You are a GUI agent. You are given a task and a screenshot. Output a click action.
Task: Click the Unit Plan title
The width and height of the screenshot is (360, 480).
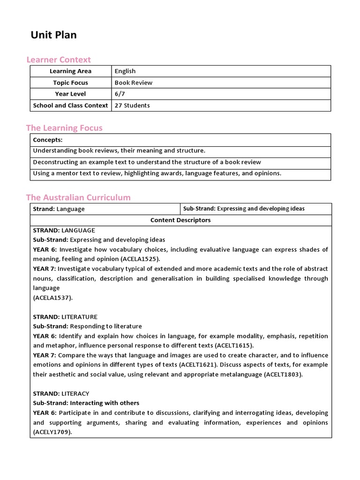tap(54, 35)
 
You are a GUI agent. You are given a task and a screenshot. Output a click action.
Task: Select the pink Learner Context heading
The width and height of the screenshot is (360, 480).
tap(59, 60)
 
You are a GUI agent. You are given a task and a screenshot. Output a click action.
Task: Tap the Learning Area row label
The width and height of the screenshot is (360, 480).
tap(70, 71)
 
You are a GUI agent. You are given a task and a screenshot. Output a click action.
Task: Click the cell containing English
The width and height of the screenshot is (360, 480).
tap(125, 71)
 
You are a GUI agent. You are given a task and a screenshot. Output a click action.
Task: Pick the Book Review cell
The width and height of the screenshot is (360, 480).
tap(134, 82)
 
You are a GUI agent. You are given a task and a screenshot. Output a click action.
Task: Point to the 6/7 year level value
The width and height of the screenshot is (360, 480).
tap(120, 94)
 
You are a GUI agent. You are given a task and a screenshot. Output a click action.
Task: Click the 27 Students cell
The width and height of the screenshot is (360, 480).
tap(132, 105)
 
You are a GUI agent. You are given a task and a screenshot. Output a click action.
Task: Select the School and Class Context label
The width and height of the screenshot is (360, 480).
tap(70, 105)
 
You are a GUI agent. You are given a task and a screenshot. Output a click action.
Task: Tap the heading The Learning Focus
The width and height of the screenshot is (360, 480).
tap(64, 128)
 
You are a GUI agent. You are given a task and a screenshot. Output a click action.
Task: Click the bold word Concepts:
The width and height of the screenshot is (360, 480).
tap(47, 140)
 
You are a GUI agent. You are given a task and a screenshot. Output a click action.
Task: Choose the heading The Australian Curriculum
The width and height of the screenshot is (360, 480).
tap(78, 197)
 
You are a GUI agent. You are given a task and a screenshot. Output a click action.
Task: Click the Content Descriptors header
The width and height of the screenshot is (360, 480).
tap(180, 220)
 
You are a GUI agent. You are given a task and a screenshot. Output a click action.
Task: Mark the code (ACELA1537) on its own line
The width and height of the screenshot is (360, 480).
tap(53, 297)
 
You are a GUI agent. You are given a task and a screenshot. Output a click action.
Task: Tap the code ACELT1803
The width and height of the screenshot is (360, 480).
tap(283, 374)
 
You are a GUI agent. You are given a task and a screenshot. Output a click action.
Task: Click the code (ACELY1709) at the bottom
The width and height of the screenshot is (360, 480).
tap(52, 432)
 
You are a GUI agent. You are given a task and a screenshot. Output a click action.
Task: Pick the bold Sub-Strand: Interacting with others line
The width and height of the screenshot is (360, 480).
tap(86, 403)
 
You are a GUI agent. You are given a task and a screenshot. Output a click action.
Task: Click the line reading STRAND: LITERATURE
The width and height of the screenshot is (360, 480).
tap(65, 317)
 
